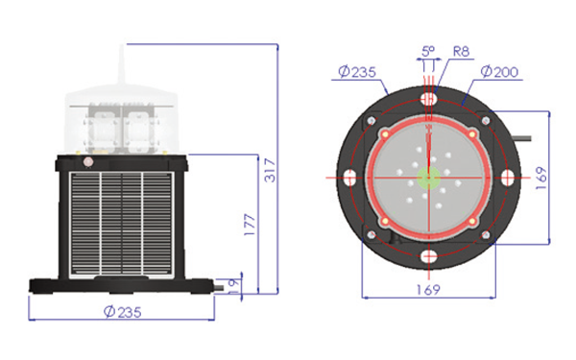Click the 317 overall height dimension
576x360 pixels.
click(x=270, y=170)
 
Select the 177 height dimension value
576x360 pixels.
click(x=250, y=225)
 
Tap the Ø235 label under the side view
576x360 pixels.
click(x=122, y=312)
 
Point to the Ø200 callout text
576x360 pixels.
click(x=499, y=72)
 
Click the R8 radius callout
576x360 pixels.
click(x=461, y=52)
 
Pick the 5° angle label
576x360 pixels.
click(x=427, y=51)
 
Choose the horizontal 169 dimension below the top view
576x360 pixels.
click(x=428, y=290)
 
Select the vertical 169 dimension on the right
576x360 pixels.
click(x=541, y=179)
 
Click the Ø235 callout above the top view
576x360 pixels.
click(x=357, y=72)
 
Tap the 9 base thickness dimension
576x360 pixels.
click(x=233, y=283)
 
